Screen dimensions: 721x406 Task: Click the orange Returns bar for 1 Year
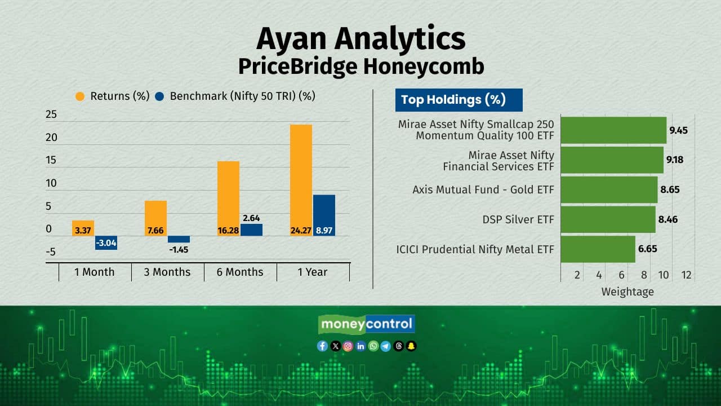pyautogui.click(x=301, y=180)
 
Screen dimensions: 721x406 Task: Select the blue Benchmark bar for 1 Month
pyautogui.click(x=106, y=242)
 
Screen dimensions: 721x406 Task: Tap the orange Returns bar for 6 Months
pyautogui.click(x=229, y=198)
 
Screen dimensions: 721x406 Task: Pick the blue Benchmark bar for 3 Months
pyautogui.click(x=179, y=239)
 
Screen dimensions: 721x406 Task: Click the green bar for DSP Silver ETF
pyautogui.click(x=608, y=219)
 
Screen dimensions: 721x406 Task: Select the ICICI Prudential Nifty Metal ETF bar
pyautogui.click(x=598, y=249)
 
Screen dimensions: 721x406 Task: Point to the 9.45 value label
pyautogui.click(x=679, y=130)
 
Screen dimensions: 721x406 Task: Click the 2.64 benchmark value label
pyautogui.click(x=251, y=218)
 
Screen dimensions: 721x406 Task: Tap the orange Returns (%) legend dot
pyautogui.click(x=80, y=96)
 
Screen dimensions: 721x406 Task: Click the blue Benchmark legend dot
pyautogui.click(x=159, y=96)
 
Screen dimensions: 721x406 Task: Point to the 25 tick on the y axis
pyautogui.click(x=51, y=114)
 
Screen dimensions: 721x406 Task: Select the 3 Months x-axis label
pyautogui.click(x=167, y=272)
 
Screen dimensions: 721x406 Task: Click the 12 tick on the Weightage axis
pyautogui.click(x=686, y=275)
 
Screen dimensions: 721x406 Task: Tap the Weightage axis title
pyautogui.click(x=627, y=292)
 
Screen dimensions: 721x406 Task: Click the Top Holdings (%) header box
pyautogui.click(x=459, y=100)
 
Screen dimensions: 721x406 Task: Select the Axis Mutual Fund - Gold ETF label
pyautogui.click(x=483, y=189)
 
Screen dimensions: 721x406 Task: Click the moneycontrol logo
pyautogui.click(x=367, y=324)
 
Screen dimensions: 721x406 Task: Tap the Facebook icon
pyautogui.click(x=322, y=346)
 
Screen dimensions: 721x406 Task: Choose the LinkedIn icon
pyautogui.click(x=360, y=346)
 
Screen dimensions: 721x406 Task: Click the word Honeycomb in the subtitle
pyautogui.click(x=424, y=67)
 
